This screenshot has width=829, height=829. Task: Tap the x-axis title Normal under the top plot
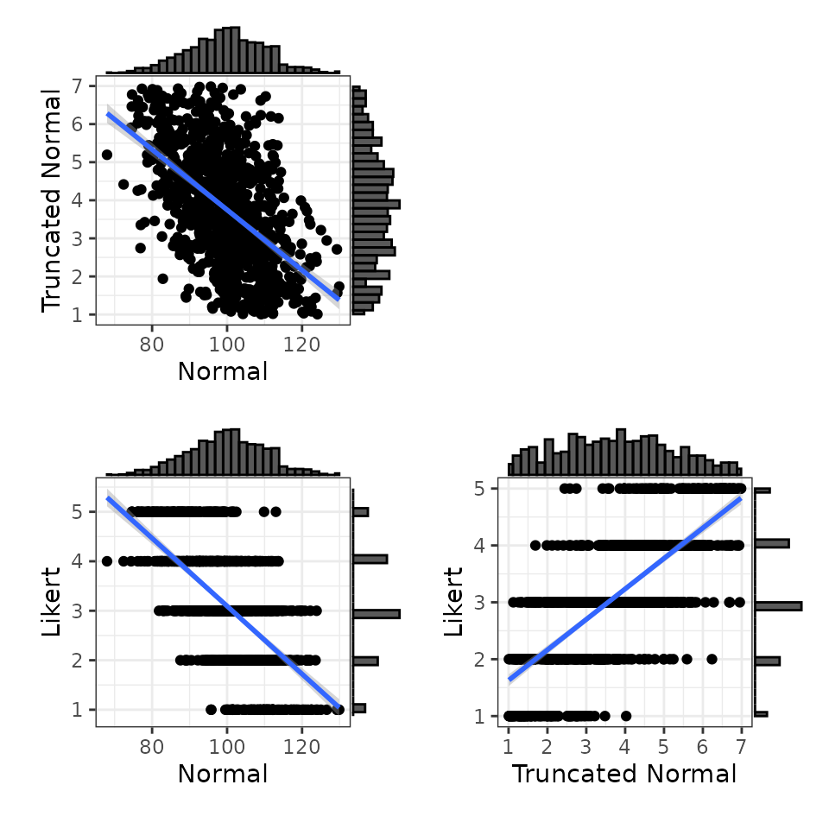coord(222,371)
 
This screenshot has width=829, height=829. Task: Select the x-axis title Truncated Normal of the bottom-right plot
coord(624,774)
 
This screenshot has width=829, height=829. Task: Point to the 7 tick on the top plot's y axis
coord(78,85)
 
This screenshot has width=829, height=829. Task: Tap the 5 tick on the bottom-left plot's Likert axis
coord(78,511)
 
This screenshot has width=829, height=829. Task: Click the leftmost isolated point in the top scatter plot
coord(107,155)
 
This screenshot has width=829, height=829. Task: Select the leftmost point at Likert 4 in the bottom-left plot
coord(107,560)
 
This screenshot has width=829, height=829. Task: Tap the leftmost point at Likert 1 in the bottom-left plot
coord(212,710)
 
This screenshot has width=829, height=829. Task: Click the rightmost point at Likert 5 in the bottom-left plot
coord(276,511)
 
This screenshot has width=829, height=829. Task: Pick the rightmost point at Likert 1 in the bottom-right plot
coord(626,716)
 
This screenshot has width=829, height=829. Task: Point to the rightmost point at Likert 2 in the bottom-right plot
coord(712,659)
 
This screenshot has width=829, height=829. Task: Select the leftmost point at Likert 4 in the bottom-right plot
coord(535,545)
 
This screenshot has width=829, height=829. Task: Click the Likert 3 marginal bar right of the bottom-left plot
coord(377,614)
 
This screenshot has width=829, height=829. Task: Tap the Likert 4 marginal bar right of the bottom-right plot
coord(772,543)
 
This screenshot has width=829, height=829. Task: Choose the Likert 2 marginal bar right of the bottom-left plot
coord(365,661)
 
